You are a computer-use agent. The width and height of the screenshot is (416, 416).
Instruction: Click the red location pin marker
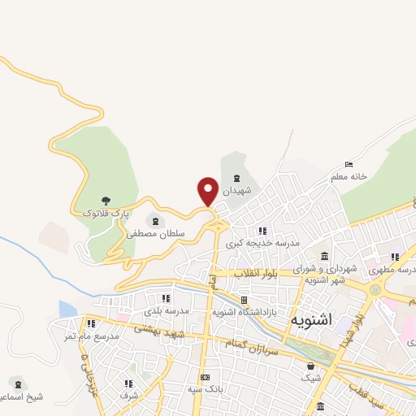coord(208,190)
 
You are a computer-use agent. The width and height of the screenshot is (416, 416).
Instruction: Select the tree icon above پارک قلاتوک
coord(106,200)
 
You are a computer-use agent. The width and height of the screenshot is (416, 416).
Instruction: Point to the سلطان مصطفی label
coord(155,233)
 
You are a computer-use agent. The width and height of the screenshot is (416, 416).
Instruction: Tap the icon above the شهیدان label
coord(236,178)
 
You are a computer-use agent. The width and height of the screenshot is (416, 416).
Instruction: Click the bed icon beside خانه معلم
coord(349,164)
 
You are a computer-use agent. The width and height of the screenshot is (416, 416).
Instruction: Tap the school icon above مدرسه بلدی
coord(167,299)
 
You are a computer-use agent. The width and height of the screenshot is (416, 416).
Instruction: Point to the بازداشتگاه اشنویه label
coord(245,311)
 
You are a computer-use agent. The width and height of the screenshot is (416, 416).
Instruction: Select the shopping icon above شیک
coord(311,366)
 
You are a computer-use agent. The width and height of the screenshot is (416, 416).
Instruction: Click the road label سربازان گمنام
coord(274,340)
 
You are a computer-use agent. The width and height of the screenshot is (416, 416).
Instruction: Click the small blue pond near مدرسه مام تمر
coord(67,309)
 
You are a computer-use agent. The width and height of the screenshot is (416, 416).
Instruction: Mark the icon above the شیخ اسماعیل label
coord(16,382)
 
